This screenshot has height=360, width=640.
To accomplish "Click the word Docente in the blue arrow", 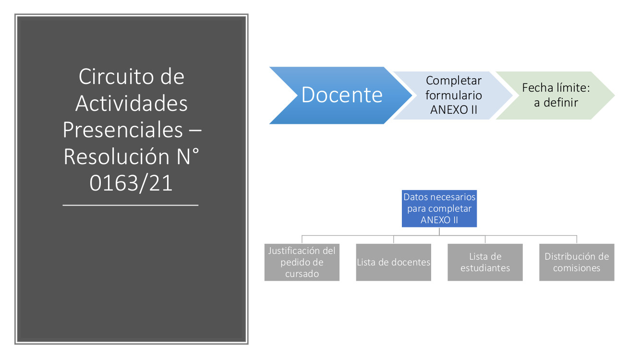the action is pyautogui.click(x=342, y=95).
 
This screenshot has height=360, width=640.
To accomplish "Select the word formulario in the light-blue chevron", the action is pyautogui.click(x=454, y=95).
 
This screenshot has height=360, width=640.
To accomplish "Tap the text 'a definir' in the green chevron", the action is pyautogui.click(x=556, y=102).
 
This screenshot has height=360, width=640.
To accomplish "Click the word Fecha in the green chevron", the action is pyautogui.click(x=535, y=88).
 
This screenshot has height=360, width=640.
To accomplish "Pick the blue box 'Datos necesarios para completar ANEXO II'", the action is pyautogui.click(x=439, y=209).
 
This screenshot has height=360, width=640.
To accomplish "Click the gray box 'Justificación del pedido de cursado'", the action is pyautogui.click(x=302, y=262).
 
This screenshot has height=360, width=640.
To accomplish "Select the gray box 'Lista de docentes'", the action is pyautogui.click(x=393, y=262).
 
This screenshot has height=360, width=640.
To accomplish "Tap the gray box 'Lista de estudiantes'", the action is pyautogui.click(x=485, y=262).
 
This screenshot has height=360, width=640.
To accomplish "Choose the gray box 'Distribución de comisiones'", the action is pyautogui.click(x=577, y=262).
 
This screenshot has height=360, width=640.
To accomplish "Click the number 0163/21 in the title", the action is pyautogui.click(x=131, y=183).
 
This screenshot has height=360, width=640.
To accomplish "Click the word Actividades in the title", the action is pyautogui.click(x=132, y=103).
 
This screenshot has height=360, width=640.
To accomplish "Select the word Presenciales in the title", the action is pyautogui.click(x=123, y=130).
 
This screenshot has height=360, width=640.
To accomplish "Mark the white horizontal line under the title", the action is pyautogui.click(x=131, y=205).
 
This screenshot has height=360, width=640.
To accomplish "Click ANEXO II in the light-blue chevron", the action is pyautogui.click(x=454, y=110).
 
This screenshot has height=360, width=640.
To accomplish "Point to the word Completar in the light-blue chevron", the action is pyautogui.click(x=454, y=81).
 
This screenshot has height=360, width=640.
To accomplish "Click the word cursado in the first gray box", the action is pyautogui.click(x=302, y=274).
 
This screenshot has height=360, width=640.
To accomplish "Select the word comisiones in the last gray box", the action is pyautogui.click(x=577, y=268).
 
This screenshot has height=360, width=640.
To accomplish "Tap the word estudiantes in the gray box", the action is pyautogui.click(x=485, y=268).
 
